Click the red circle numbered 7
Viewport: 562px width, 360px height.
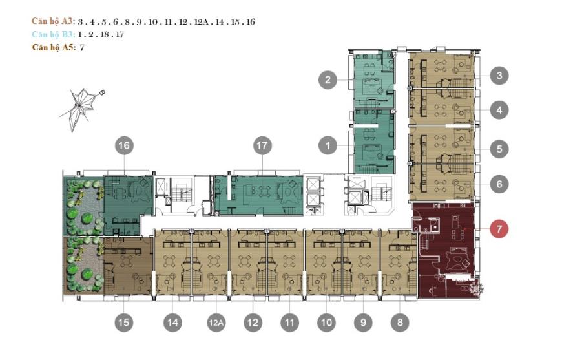click(x=499, y=228)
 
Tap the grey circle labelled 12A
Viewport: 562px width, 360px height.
click(x=216, y=323)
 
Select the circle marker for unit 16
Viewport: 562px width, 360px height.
click(x=124, y=145)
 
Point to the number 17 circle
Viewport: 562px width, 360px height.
click(x=262, y=145)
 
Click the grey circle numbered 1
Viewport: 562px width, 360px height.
click(x=328, y=145)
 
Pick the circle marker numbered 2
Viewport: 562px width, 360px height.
click(x=328, y=79)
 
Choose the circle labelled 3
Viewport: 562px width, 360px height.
click(x=499, y=76)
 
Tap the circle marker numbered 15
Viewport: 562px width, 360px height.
click(x=123, y=323)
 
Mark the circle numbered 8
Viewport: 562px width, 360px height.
click(x=400, y=323)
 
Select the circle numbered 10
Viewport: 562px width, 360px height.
click(x=326, y=323)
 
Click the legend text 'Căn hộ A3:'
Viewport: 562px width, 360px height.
click(x=54, y=21)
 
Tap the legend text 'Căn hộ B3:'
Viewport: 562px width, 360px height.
click(x=54, y=34)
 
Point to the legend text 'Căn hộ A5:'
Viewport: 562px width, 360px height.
click(x=54, y=47)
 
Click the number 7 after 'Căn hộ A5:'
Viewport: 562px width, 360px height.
click(x=82, y=47)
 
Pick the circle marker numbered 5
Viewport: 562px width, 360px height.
click(x=499, y=149)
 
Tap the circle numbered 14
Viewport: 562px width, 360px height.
click(x=172, y=323)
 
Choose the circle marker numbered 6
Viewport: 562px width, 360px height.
click(x=499, y=184)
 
